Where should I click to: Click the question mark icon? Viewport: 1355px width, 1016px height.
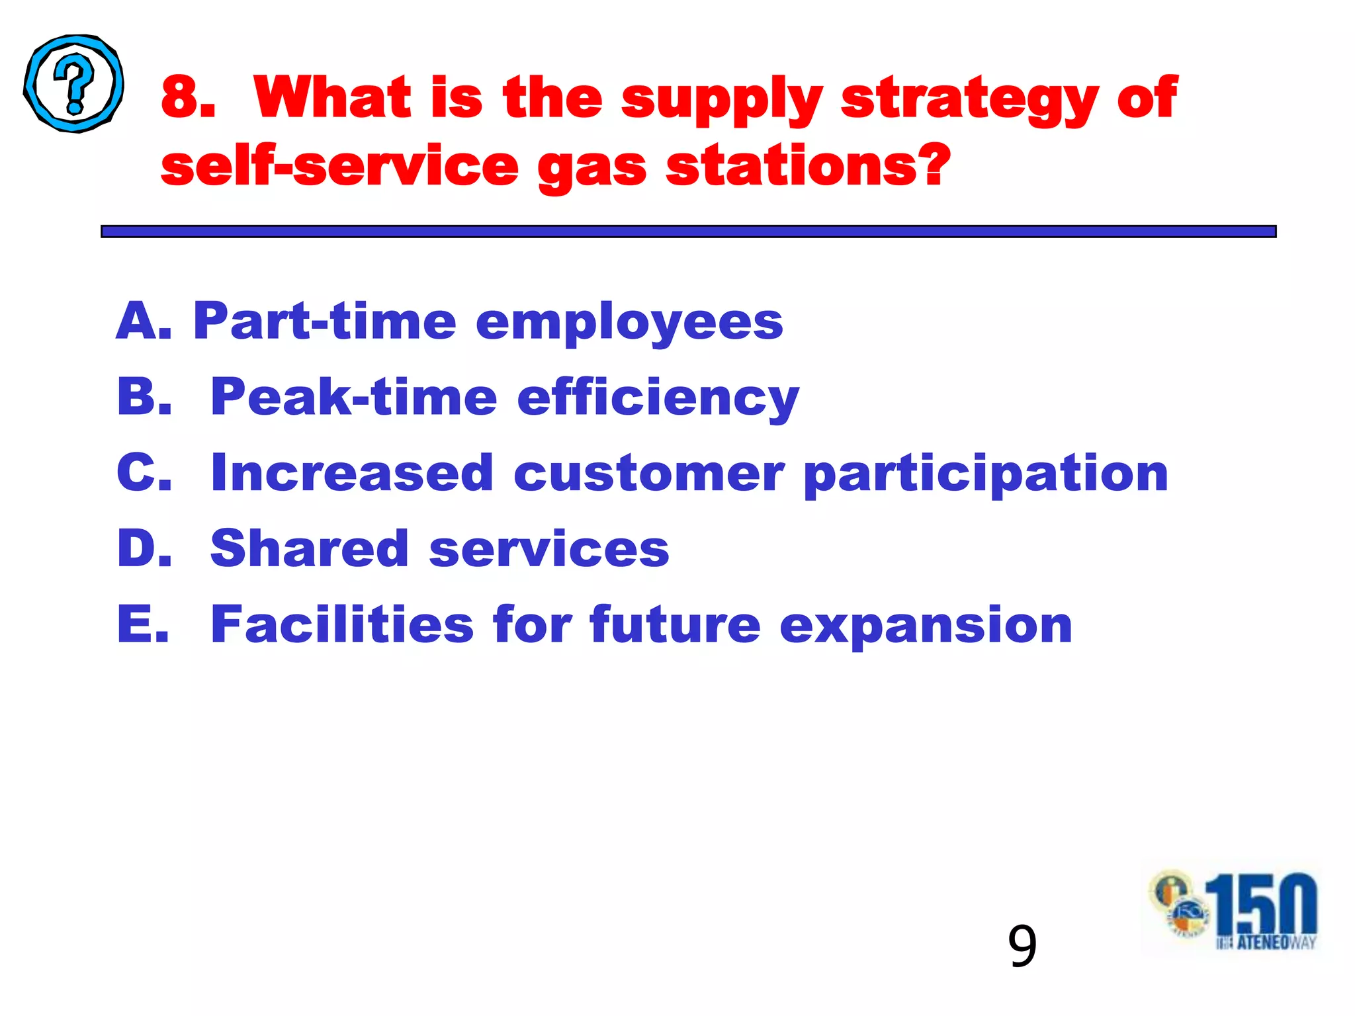pos(73,84)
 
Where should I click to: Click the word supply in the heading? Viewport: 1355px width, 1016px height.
pos(722,99)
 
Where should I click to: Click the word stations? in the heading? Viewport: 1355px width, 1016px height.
pos(808,166)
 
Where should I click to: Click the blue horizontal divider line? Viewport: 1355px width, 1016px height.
pos(688,231)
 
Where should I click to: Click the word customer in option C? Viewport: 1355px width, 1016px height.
pos(649,474)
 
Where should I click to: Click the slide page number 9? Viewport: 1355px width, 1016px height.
pos(1022,947)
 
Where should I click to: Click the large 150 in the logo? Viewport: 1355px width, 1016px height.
pos(1261,904)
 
